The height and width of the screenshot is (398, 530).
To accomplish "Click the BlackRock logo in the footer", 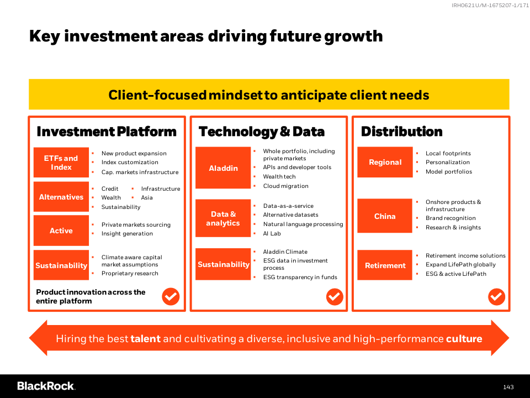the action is click(46, 386).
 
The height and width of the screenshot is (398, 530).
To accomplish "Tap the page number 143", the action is click(508, 387).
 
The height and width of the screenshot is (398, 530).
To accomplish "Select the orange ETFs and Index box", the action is click(61, 163).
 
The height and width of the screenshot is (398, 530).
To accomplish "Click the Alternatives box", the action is click(61, 197).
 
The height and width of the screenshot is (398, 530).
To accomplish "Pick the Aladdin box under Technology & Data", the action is click(223, 168).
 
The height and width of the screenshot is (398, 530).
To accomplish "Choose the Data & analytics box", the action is click(223, 218).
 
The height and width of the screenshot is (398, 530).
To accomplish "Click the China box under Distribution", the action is click(385, 216).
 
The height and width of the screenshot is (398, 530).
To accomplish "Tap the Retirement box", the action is click(385, 265).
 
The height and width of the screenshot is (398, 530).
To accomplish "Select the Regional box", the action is click(385, 162).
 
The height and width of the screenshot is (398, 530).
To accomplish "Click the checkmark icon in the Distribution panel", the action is click(496, 297).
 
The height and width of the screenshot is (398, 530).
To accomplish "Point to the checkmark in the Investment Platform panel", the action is click(171, 296).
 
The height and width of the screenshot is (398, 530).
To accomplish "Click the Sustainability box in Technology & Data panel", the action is click(223, 264).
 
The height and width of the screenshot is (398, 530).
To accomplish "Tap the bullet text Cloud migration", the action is click(285, 186).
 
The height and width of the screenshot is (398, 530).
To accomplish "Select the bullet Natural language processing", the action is click(303, 224).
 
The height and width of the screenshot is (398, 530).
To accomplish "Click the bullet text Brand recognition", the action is click(451, 218).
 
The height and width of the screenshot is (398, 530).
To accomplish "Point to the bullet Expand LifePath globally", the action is click(460, 264).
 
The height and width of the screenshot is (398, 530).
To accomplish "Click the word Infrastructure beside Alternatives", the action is click(161, 188).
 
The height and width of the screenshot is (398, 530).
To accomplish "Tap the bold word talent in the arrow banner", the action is click(145, 338).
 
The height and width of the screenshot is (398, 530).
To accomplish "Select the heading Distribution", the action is click(401, 132).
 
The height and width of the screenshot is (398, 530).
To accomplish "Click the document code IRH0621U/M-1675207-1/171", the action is click(490, 5).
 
